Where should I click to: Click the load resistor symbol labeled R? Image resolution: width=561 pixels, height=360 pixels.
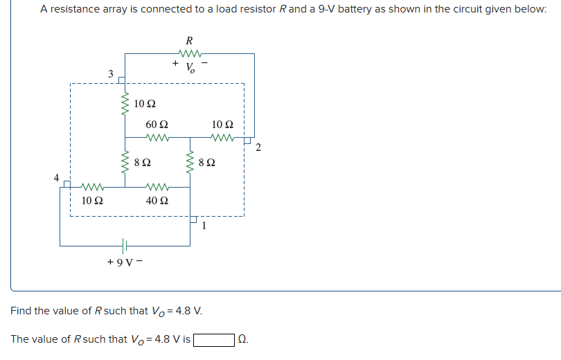click(190, 54)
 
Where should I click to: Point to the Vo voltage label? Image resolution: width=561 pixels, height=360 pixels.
click(190, 68)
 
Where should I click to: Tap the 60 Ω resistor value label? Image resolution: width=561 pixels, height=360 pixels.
click(157, 125)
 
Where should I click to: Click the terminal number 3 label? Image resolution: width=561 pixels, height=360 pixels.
click(110, 73)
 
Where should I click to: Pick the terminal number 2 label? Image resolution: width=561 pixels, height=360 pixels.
click(258, 147)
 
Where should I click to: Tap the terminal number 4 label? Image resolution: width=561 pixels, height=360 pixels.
click(57, 177)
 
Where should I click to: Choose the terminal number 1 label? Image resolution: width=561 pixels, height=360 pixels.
click(204, 225)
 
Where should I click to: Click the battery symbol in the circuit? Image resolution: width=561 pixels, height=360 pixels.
click(125, 246)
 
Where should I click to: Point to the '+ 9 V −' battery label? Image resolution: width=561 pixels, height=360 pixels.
click(125, 262)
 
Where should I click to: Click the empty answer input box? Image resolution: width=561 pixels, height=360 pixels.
click(213, 339)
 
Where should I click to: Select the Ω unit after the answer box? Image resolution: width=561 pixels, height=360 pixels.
click(242, 339)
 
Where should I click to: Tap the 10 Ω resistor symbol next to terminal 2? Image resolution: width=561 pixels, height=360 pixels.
click(224, 137)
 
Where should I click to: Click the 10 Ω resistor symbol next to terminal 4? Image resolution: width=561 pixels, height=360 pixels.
click(93, 186)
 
